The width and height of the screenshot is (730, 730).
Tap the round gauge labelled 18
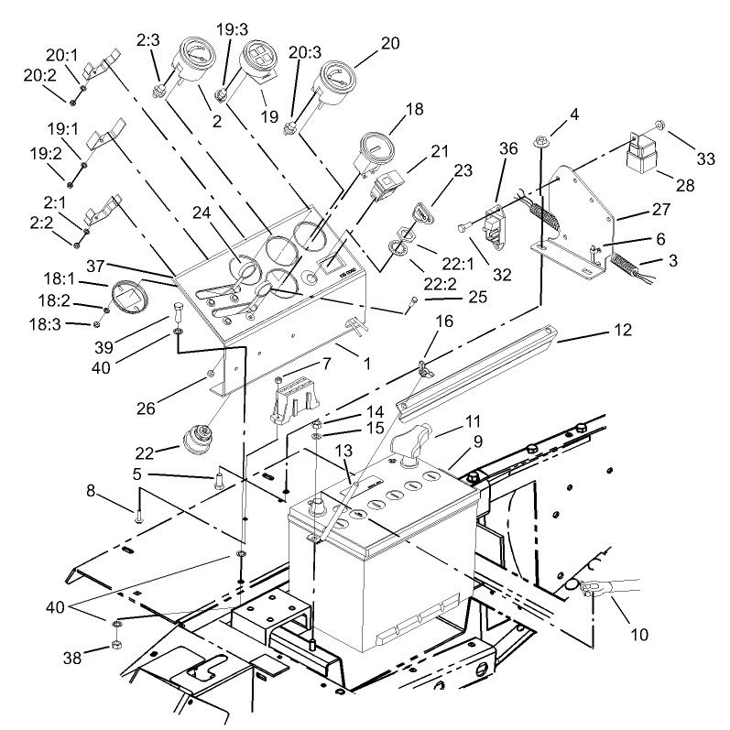(375, 149)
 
